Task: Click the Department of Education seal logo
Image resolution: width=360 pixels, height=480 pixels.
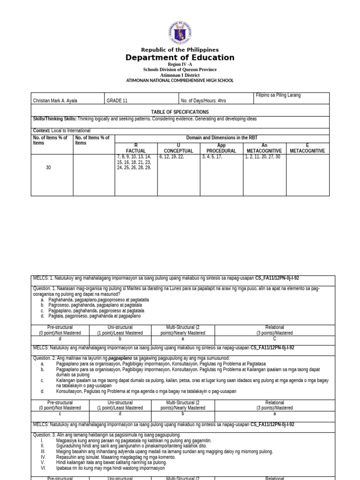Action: pyautogui.click(x=180, y=33)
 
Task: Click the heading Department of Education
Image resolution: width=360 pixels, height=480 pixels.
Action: pyautogui.click(x=180, y=58)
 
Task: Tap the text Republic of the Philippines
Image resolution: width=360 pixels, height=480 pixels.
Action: pyautogui.click(x=180, y=50)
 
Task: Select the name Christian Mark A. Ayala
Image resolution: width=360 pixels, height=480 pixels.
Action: pyautogui.click(x=55, y=101)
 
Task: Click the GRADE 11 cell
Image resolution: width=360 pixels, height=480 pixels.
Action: pyautogui.click(x=117, y=101)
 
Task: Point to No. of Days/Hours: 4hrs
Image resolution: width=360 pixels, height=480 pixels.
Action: pyautogui.click(x=203, y=101)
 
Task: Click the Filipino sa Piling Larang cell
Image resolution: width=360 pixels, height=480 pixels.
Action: pyautogui.click(x=278, y=95)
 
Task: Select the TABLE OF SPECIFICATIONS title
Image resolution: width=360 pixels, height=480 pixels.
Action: pyautogui.click(x=180, y=112)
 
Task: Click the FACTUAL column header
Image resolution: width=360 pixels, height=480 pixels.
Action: pyautogui.click(x=136, y=151)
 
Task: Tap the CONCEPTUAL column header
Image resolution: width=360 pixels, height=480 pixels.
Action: pyautogui.click(x=179, y=151)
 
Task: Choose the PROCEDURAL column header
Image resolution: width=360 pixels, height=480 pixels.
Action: pyautogui.click(x=221, y=151)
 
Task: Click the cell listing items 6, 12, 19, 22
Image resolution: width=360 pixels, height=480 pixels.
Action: pyautogui.click(x=172, y=157)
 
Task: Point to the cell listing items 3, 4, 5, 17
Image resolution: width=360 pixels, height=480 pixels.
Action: pyautogui.click(x=212, y=157)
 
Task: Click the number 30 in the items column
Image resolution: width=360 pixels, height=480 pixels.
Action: pyautogui.click(x=48, y=167)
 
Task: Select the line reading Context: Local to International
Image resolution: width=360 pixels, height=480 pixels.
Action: pyautogui.click(x=62, y=131)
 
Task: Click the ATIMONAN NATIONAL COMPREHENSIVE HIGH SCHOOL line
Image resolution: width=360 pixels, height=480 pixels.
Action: pyautogui.click(x=180, y=81)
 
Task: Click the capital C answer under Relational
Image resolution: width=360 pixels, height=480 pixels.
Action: pyautogui.click(x=275, y=338)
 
